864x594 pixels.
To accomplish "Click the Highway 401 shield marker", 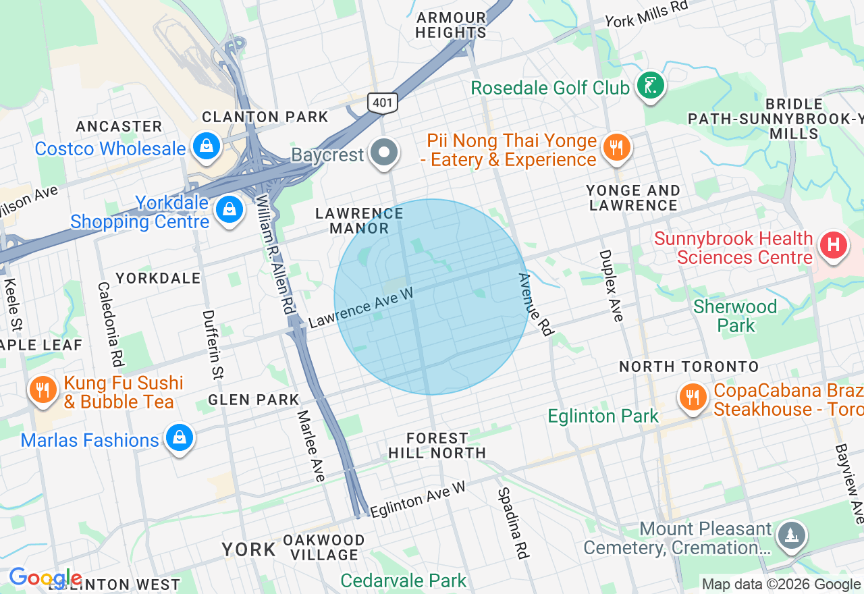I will point(383,103).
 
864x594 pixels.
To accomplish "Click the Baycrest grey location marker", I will point(385,153).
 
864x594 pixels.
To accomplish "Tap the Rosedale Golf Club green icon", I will point(650,86).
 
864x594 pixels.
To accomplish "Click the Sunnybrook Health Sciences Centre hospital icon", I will point(833,245).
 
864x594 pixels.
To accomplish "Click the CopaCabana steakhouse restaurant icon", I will point(692,398).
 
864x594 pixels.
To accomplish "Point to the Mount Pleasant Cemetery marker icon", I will point(792,536).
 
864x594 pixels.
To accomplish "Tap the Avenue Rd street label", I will point(535,304).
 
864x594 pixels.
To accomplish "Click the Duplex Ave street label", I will point(610,286).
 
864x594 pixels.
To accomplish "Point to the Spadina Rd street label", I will point(512,523).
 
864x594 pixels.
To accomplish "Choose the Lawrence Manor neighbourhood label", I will point(359,221).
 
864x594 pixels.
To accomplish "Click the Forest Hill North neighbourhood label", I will point(437,446).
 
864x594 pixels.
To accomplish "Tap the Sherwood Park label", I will point(735,316).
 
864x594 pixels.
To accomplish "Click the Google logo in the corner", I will point(45,578).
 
